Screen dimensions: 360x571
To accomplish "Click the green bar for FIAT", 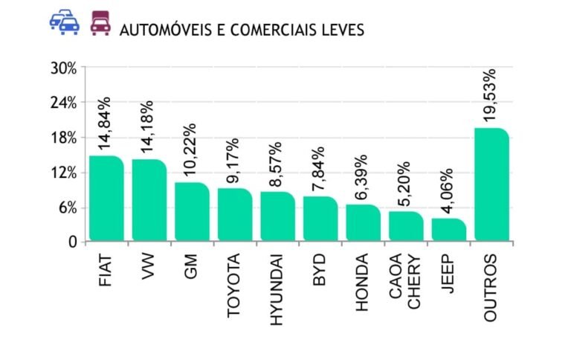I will click(x=106, y=199).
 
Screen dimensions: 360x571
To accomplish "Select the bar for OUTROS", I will click(x=491, y=185).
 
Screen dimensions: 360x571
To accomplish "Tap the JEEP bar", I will click(x=448, y=230).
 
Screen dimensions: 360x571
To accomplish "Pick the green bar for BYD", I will click(x=320, y=219).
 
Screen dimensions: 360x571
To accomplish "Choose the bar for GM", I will click(x=192, y=212).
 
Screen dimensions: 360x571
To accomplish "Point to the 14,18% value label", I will click(x=147, y=127).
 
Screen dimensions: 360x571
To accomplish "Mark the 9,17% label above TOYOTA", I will click(x=233, y=161).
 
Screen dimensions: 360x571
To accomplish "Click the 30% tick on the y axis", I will click(x=63, y=68).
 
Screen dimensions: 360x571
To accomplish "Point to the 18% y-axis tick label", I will click(x=63, y=138).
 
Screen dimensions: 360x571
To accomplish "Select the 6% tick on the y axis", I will click(x=67, y=208).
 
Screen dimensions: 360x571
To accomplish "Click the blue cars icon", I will click(x=65, y=24).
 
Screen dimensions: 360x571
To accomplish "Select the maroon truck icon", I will click(x=100, y=24).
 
